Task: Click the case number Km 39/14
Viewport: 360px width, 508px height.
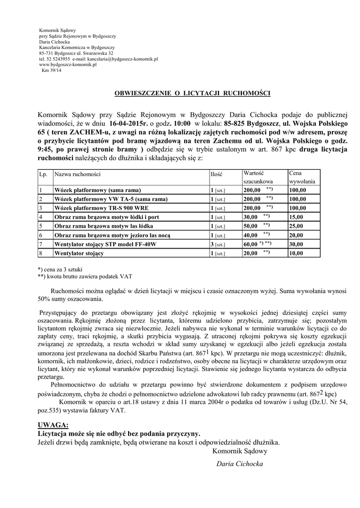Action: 52,70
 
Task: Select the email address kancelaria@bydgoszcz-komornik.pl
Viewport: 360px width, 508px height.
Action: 122,59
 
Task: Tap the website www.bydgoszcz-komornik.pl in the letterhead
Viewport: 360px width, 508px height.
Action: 68,64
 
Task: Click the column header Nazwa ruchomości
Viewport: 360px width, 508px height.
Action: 77,175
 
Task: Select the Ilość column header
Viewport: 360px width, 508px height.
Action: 216,175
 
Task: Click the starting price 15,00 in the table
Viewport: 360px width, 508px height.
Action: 297,217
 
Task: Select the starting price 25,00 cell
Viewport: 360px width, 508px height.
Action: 297,226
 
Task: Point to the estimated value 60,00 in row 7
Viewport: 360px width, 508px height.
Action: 250,244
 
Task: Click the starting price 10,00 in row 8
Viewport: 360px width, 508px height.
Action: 297,253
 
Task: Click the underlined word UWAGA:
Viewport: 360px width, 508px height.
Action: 53,425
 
